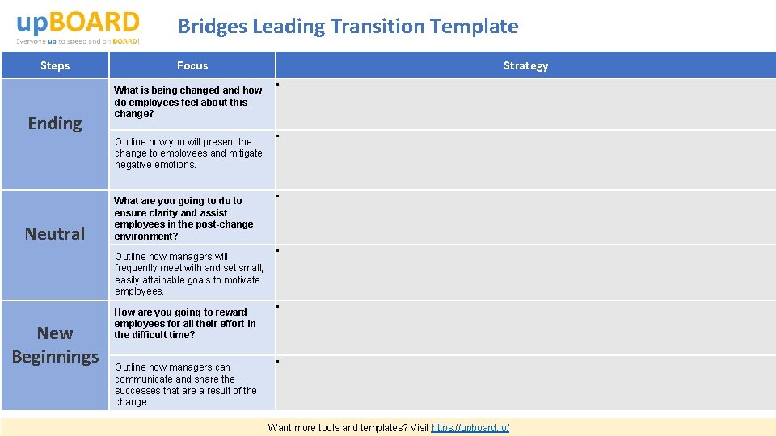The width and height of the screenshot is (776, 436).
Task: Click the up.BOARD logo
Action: pos(78,22)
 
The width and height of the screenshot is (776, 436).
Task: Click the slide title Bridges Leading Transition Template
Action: pos(348,26)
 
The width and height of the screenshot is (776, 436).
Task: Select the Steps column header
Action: pos(55,65)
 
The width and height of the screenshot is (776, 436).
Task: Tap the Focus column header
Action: pos(192,65)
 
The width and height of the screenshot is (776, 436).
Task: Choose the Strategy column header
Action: pos(525,65)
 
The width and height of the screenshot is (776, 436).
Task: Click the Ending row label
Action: pos(55,124)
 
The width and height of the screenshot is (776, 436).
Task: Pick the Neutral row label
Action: pos(55,234)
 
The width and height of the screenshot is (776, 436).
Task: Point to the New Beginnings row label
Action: pos(55,345)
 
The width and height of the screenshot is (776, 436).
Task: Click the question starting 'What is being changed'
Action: pos(188,103)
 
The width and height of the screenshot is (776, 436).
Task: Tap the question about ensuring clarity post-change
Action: pos(183,219)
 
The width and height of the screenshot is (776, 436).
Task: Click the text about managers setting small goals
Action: pos(189,274)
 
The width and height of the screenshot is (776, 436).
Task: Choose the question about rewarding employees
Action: pos(185,324)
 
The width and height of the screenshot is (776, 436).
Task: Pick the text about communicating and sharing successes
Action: pos(186,384)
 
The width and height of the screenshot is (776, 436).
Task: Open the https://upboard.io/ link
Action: pos(470,427)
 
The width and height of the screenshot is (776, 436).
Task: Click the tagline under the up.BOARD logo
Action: pos(78,40)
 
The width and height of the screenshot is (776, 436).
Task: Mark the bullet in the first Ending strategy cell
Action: pos(277,83)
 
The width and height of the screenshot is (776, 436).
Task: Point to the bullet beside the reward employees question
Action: pos(277,306)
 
